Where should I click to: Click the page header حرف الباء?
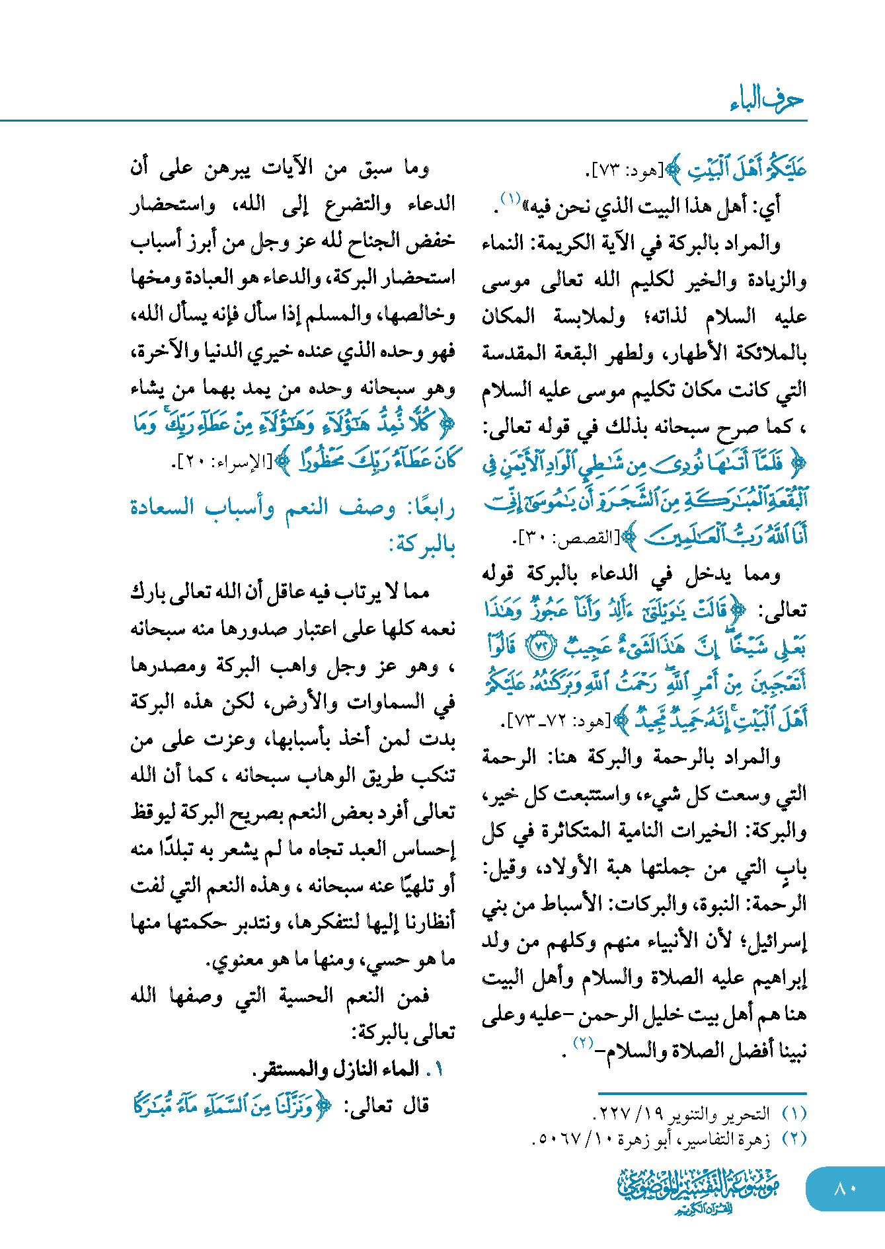(767, 100)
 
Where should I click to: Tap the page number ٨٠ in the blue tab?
(845, 1188)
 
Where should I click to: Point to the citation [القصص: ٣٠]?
(568, 538)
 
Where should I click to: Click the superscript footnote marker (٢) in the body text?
(583, 1043)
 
